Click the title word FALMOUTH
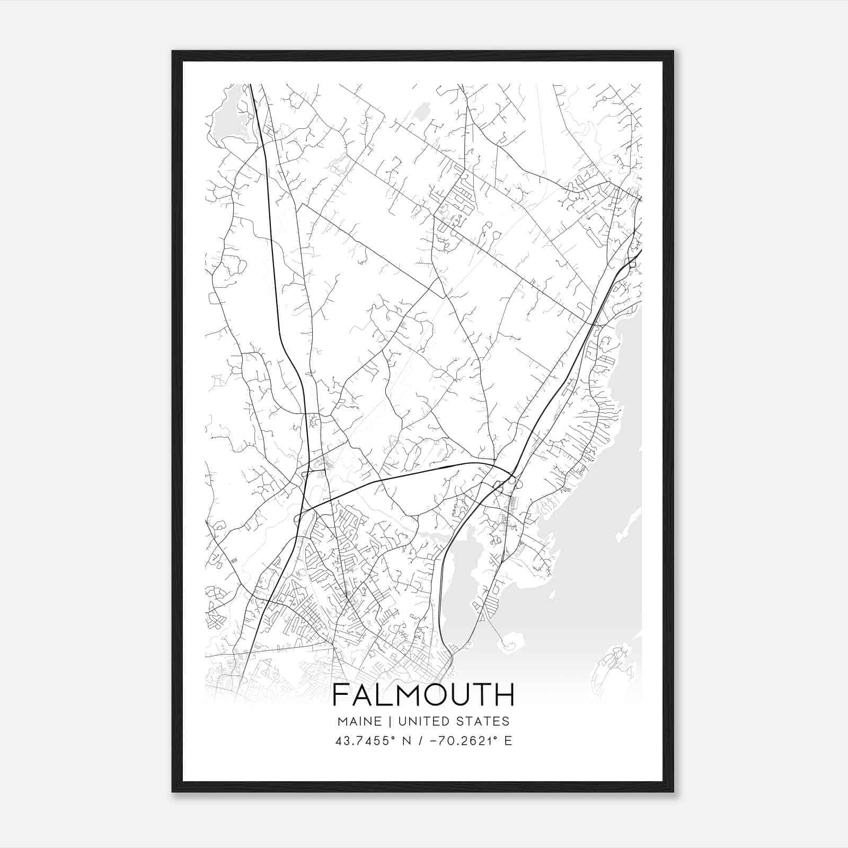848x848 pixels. point(423,695)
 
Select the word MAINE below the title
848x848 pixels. point(358,721)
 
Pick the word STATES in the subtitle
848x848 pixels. point(484,721)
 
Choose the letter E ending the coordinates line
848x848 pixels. point(508,741)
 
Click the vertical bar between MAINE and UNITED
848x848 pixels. point(389,721)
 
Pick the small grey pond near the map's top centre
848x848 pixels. point(421,111)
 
